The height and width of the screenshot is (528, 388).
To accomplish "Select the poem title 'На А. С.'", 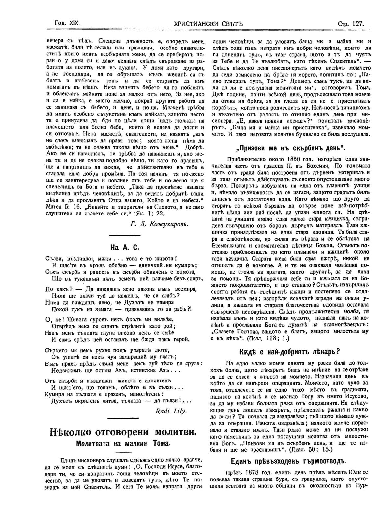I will click(125, 247).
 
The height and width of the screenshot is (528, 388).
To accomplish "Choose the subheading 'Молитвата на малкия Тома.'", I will click(124, 444).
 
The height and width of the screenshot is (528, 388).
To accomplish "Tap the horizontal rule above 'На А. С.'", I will click(125, 235).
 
